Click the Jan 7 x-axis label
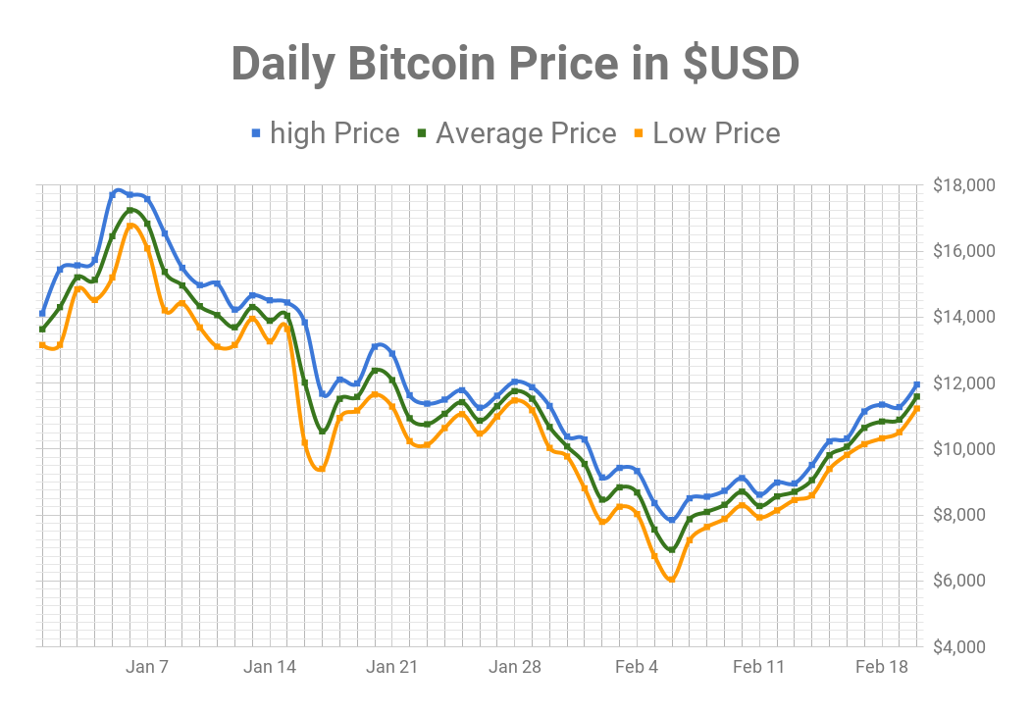click(147, 668)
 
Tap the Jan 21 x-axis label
click(391, 668)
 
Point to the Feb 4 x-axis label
click(637, 668)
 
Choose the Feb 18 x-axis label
click(881, 668)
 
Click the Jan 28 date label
click(514, 668)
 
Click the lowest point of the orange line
click(672, 580)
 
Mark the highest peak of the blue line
click(118, 190)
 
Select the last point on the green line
click(917, 396)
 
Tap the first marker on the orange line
click(42, 344)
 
